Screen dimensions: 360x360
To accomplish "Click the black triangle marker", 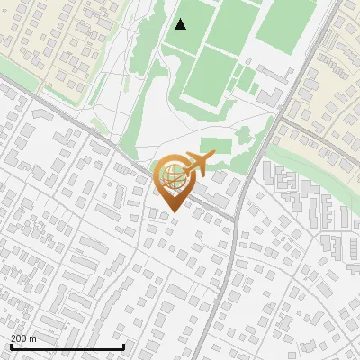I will click(x=181, y=24).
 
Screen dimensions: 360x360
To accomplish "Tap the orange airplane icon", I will click(x=199, y=164).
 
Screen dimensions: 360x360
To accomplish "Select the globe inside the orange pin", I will click(x=173, y=172).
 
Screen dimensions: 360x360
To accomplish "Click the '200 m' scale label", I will click(x=23, y=338).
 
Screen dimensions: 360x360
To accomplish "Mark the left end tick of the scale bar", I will click(x=10, y=346).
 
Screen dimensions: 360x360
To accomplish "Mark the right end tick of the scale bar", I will click(x=123, y=346).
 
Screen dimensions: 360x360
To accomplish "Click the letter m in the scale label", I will click(x=32, y=338).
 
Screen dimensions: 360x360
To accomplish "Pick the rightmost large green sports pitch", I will click(x=286, y=20).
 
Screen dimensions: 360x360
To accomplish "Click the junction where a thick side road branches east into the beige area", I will click(x=288, y=116).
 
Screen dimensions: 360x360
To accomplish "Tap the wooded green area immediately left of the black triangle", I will click(x=148, y=40).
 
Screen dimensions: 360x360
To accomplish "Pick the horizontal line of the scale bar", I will click(x=67, y=346).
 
